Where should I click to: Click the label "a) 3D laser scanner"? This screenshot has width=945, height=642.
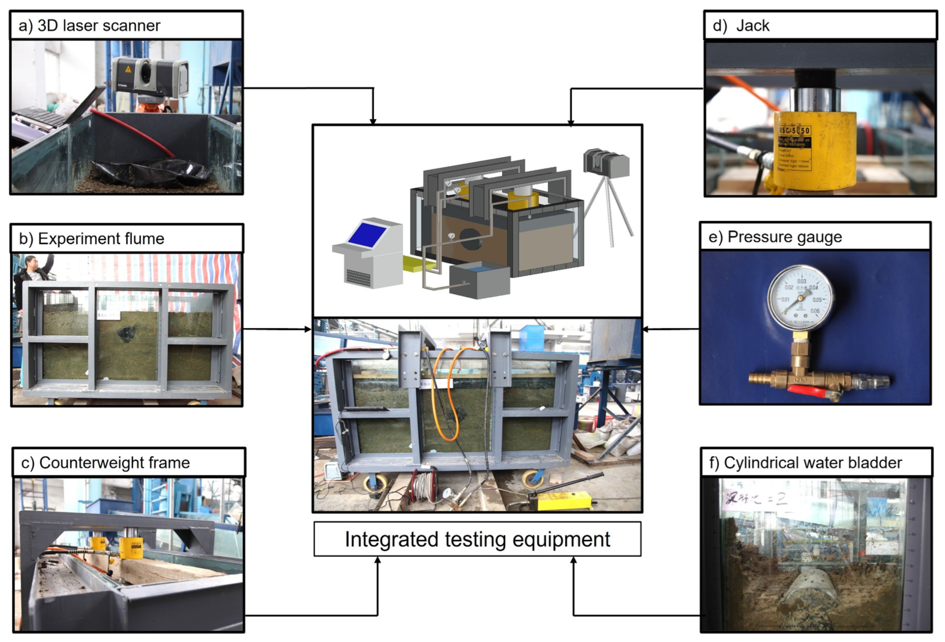pyautogui.click(x=89, y=26)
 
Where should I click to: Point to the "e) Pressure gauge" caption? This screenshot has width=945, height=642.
pyautogui.click(x=775, y=237)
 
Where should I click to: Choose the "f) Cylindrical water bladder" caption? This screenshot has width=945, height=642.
pyautogui.click(x=805, y=462)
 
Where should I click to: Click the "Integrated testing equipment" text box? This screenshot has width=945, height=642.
pyautogui.click(x=477, y=539)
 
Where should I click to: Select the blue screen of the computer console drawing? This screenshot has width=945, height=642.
pyautogui.click(x=367, y=235)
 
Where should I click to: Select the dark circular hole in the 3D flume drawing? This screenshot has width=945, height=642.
pyautogui.click(x=470, y=239)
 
